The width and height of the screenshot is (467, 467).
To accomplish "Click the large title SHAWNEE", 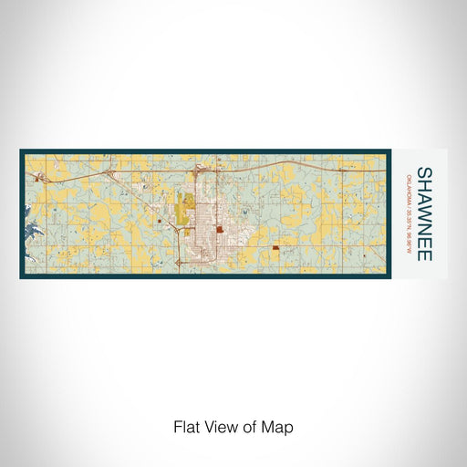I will (x=424, y=213).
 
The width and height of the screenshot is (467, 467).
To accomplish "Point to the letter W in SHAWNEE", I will (x=424, y=212).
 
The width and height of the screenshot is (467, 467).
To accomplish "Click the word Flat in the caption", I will (x=186, y=426).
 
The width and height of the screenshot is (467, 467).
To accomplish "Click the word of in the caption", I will (x=250, y=426).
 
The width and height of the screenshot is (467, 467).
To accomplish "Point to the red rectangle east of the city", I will (x=275, y=246).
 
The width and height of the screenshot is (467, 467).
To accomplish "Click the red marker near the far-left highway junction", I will (x=36, y=180).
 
